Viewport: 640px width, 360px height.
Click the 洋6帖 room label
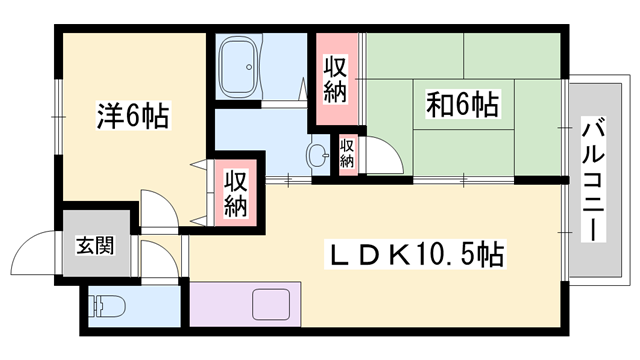coord(132,115)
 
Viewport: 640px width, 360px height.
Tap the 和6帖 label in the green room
coord(464,103)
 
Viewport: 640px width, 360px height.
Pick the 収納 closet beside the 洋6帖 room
coord(235,194)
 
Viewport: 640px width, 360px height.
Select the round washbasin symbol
coord(318,156)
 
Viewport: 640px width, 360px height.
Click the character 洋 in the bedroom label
coord(107,115)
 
